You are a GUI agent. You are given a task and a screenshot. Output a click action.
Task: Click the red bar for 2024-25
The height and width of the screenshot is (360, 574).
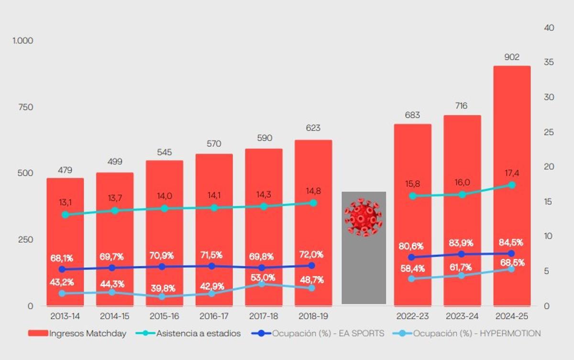point(511,143)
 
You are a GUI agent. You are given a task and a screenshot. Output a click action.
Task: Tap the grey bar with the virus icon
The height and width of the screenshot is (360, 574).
point(364,268)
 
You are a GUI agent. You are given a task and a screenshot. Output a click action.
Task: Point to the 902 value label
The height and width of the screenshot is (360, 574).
point(511,57)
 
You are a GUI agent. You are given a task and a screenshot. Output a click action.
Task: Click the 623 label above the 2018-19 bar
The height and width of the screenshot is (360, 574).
point(313,128)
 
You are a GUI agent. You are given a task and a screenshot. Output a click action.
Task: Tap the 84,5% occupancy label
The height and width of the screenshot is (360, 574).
point(511,242)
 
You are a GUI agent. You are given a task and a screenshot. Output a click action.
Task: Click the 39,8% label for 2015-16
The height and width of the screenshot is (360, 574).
point(163,288)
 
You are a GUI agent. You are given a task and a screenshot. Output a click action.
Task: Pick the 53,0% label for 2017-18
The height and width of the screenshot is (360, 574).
point(262,277)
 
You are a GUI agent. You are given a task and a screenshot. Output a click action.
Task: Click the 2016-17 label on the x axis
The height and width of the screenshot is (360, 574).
point(212,316)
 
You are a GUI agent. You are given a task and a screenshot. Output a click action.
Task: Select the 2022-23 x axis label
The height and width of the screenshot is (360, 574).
point(412,316)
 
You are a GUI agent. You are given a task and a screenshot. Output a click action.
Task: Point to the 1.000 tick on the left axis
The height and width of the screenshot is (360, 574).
point(23,41)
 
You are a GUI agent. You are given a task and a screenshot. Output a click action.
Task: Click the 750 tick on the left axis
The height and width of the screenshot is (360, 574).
point(25,107)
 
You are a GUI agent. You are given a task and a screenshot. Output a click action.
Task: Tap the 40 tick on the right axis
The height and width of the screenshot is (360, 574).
point(549,28)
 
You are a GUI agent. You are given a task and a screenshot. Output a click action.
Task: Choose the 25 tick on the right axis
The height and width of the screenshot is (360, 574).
point(549,132)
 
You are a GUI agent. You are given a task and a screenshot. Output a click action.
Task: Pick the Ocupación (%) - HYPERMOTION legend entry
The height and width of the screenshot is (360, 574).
point(466,334)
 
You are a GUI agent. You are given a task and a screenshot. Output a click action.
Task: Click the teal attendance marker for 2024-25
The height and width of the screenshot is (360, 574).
point(511,185)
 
